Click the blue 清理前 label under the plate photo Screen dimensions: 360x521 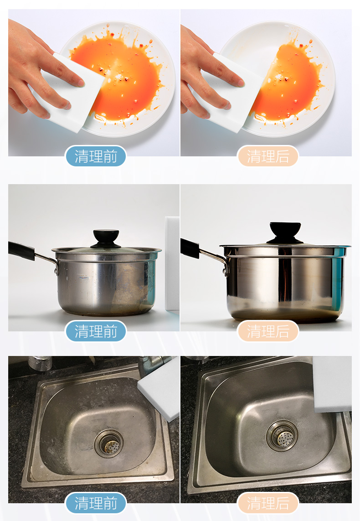click(96, 156)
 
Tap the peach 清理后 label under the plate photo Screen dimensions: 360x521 click(268, 156)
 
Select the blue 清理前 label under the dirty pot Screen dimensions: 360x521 click(96, 331)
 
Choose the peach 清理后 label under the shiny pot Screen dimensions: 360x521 click(268, 331)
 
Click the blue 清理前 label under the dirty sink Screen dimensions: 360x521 click(96, 503)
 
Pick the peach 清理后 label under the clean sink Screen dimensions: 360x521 click(268, 503)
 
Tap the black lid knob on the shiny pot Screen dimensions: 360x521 click(285, 232)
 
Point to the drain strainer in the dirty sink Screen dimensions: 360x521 click(109, 443)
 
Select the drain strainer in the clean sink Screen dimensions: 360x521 click(282, 436)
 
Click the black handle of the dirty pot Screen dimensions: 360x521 click(21, 251)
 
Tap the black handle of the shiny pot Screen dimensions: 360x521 click(190, 248)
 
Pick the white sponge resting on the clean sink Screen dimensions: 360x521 click(332, 384)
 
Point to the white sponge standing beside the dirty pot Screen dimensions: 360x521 click(172, 263)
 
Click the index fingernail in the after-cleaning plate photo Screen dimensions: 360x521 click(241, 83)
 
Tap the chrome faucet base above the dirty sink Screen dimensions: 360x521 click(40, 363)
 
